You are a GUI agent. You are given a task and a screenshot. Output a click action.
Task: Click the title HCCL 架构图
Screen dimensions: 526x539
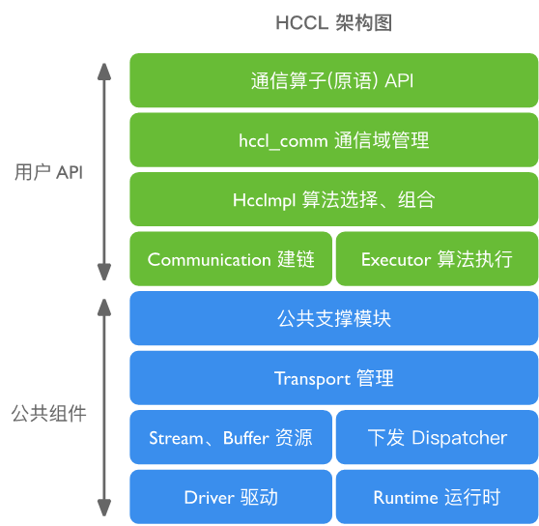tap(333, 23)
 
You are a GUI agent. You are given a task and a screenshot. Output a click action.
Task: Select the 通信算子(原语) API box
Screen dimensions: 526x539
tap(333, 80)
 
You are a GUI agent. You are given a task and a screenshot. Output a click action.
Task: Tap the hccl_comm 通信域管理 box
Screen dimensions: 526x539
tap(333, 140)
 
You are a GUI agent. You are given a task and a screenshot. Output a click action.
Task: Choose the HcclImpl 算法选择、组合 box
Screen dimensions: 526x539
tap(333, 200)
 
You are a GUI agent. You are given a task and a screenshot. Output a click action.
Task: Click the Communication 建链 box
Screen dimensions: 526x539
tap(231, 259)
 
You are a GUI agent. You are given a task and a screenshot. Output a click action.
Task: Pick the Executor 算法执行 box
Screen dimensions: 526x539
tap(437, 259)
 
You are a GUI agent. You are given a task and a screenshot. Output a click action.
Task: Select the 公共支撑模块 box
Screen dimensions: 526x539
tap(333, 318)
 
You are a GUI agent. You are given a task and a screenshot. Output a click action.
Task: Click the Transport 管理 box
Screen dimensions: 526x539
tap(333, 378)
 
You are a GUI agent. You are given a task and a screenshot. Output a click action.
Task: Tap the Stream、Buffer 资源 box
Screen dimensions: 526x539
tap(231, 438)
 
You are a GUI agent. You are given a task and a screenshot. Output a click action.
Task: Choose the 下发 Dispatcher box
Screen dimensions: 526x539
tap(437, 438)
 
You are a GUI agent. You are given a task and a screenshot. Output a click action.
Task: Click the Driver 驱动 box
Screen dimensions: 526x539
tap(231, 498)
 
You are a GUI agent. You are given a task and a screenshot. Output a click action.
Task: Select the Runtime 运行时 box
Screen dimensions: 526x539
tap(437, 498)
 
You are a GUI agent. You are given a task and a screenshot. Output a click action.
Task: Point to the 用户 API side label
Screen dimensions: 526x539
tap(48, 172)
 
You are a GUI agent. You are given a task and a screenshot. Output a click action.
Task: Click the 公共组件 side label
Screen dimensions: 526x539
tap(48, 414)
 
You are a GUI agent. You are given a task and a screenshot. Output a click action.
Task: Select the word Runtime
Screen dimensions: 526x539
tap(406, 498)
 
